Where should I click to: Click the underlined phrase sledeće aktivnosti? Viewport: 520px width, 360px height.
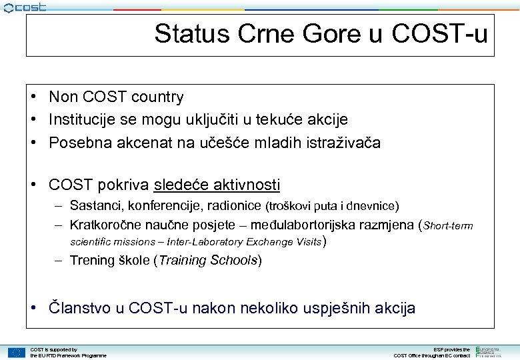click(x=217, y=185)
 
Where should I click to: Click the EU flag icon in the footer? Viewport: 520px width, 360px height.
click(x=17, y=352)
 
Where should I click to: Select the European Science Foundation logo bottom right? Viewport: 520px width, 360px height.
click(x=493, y=351)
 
